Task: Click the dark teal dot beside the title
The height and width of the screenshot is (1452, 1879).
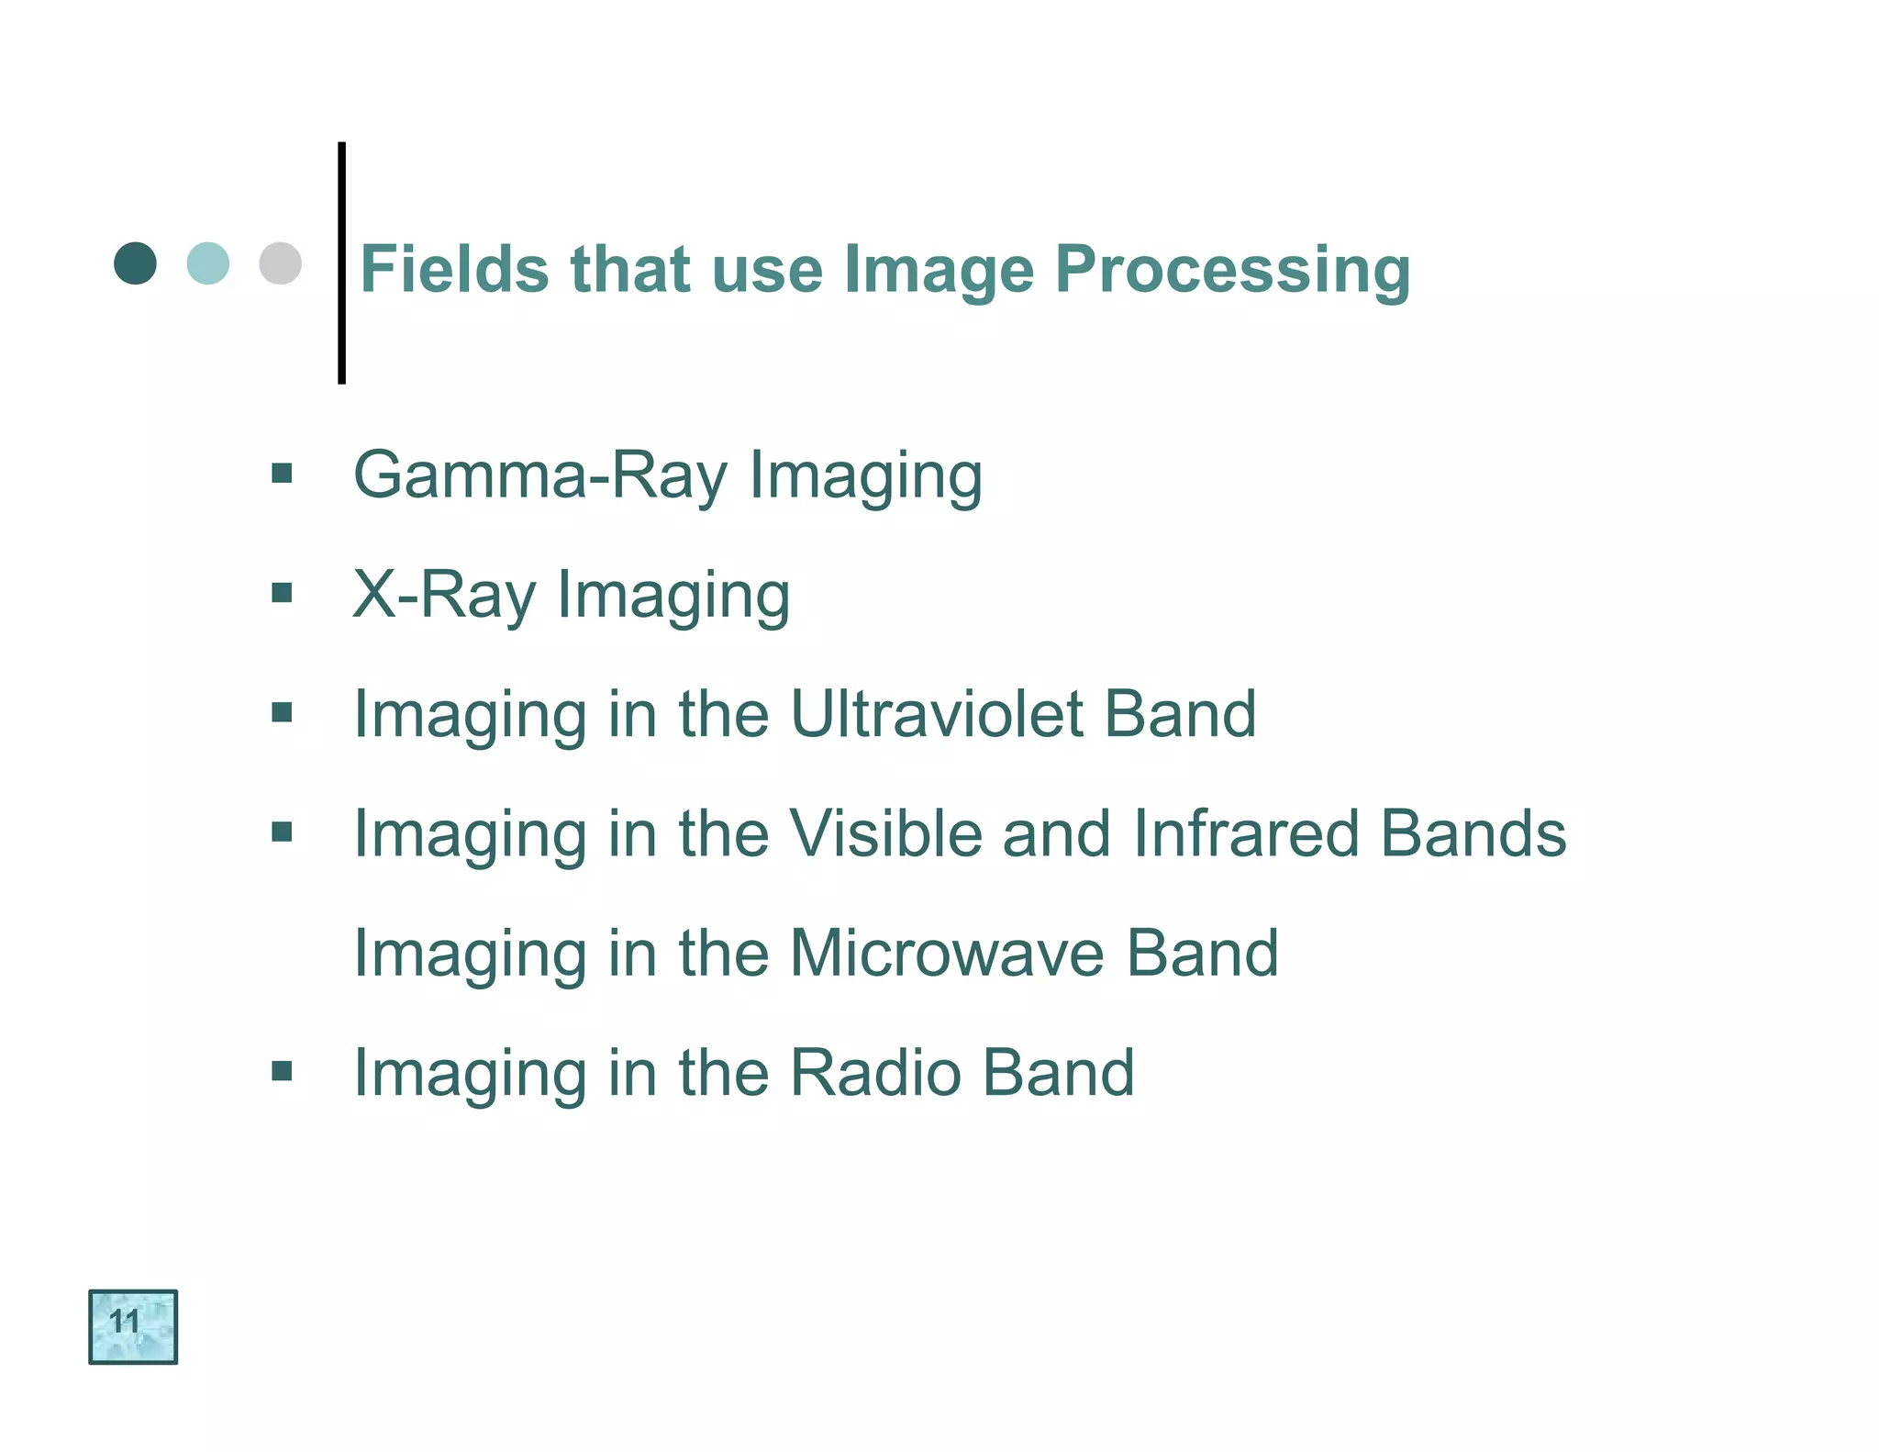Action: (x=135, y=263)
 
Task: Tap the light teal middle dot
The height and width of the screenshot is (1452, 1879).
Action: (x=207, y=263)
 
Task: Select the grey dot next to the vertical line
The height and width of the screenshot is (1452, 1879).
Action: (x=280, y=263)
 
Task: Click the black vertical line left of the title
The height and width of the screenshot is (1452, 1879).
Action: (x=341, y=262)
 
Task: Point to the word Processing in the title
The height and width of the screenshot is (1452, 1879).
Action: (x=1232, y=271)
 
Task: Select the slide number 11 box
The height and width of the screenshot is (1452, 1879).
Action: (x=133, y=1326)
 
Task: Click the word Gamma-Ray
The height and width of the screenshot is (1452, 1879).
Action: (x=540, y=475)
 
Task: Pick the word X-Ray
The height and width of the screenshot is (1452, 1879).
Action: (x=444, y=596)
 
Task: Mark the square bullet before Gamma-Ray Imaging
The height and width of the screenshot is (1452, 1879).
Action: (x=282, y=474)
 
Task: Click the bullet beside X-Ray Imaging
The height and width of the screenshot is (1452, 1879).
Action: (x=282, y=593)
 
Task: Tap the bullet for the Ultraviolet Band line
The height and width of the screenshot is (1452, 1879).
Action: (x=282, y=712)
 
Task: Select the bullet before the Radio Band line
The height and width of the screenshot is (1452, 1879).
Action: (x=282, y=1070)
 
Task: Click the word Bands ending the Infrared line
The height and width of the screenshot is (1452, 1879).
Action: (x=1473, y=833)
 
